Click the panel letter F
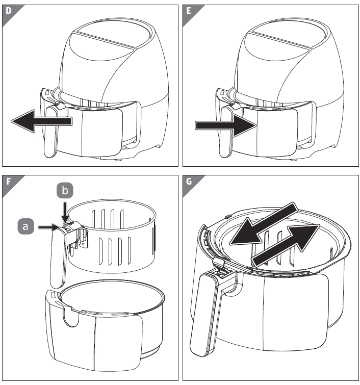tap(9, 181)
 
